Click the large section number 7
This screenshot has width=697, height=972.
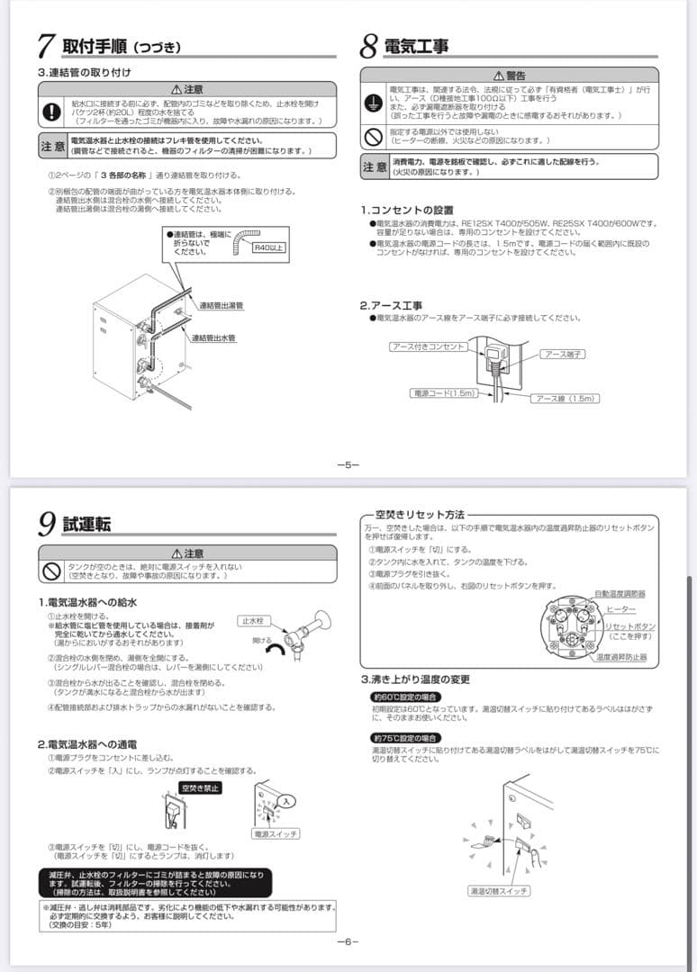[47, 46]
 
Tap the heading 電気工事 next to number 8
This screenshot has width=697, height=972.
[416, 46]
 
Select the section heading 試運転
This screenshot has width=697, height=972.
[86, 525]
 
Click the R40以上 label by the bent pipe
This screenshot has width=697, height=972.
[269, 246]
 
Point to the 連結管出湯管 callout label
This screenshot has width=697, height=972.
[221, 306]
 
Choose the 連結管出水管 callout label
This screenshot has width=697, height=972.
[213, 337]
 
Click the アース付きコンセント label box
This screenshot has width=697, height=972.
[428, 346]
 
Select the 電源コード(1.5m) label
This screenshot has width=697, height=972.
[442, 393]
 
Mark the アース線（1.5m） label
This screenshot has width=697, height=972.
[565, 398]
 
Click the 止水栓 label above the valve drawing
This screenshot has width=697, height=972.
[252, 621]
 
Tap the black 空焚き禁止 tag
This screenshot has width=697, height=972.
[200, 787]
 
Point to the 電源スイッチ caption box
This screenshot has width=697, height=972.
[276, 834]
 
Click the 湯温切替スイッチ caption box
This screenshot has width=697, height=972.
[499, 891]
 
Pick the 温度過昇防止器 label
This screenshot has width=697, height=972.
[620, 657]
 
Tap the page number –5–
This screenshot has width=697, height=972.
[348, 464]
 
